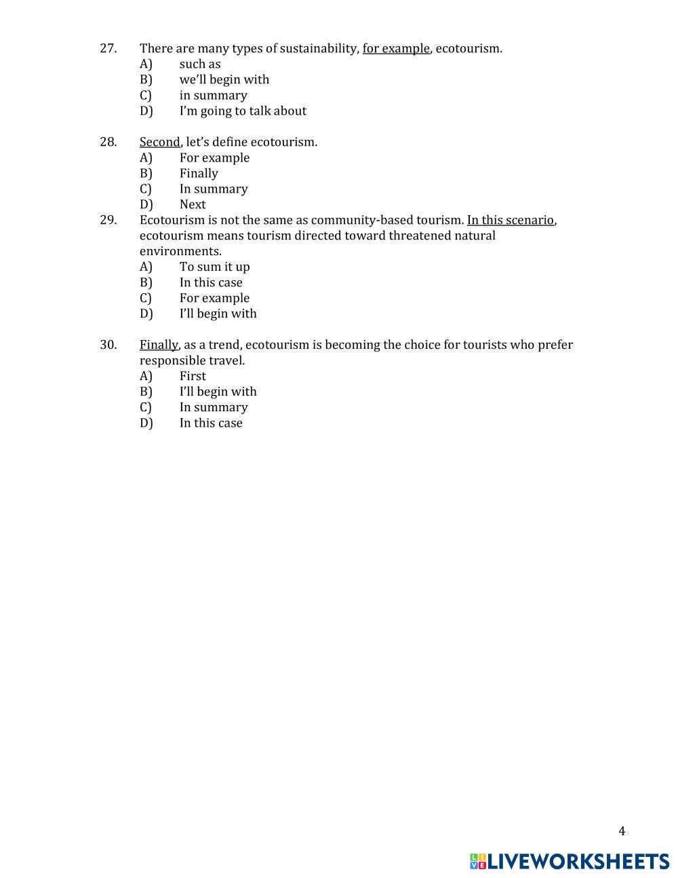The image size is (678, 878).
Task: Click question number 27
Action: [108, 48]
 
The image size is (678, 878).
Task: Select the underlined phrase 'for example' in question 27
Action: [396, 48]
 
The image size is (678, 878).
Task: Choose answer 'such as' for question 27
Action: [200, 64]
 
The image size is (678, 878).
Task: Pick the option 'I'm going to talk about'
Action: [243, 111]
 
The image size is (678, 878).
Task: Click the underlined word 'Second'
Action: [160, 142]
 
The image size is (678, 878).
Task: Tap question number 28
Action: [108, 142]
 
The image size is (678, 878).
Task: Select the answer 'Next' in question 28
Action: [193, 204]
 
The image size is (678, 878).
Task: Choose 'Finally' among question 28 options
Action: [199, 173]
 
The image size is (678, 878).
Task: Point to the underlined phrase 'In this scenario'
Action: [511, 220]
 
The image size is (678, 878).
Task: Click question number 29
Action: [108, 220]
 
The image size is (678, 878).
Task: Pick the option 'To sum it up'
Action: [214, 267]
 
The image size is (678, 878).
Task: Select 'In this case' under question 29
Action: [211, 282]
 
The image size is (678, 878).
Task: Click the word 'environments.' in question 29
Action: [180, 251]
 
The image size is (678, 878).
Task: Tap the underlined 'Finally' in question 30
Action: [159, 345]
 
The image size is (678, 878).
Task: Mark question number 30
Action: [108, 345]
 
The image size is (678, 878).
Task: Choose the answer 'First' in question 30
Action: [193, 376]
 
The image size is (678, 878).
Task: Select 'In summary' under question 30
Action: [214, 407]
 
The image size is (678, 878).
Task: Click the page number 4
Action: [622, 831]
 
